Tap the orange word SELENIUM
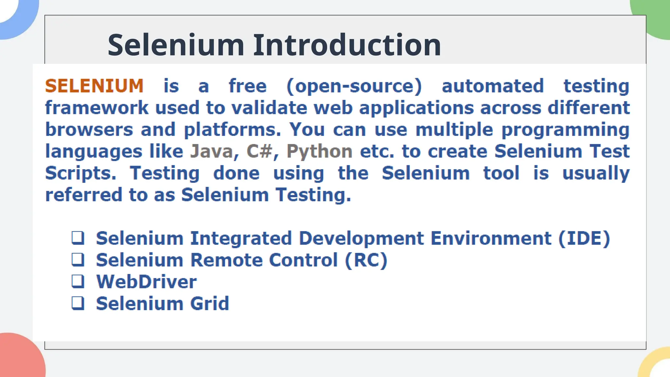(x=94, y=86)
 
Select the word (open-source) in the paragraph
(x=354, y=86)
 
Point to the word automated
(x=493, y=86)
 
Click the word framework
(x=97, y=108)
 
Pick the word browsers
(x=89, y=130)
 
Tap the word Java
(x=211, y=152)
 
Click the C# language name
(x=259, y=152)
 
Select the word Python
(x=319, y=152)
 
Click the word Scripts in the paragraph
(x=80, y=173)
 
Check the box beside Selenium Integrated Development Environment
(x=78, y=238)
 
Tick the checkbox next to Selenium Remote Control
(x=78, y=260)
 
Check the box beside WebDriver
(x=78, y=281)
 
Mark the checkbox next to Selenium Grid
(x=78, y=303)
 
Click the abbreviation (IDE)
(x=584, y=238)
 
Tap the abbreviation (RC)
(x=366, y=260)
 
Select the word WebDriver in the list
(x=146, y=282)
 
